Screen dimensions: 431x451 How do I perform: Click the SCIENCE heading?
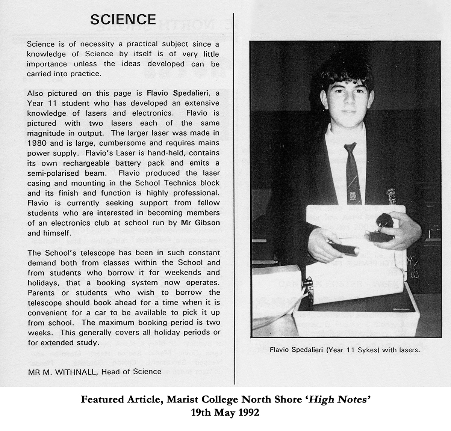click(x=123, y=19)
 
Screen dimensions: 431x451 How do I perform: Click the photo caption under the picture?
click(x=344, y=351)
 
